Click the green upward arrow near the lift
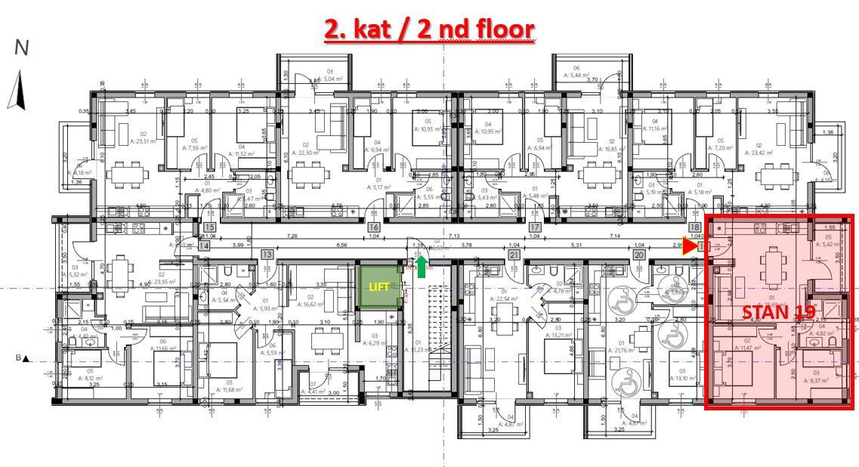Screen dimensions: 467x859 pyautogui.click(x=422, y=262)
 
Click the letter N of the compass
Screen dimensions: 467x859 pyautogui.click(x=21, y=48)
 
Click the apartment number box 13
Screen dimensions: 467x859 pyautogui.click(x=267, y=255)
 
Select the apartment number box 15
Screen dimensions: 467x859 pyautogui.click(x=210, y=227)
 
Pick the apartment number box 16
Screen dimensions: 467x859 pyautogui.click(x=373, y=227)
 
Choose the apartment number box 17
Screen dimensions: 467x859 pyautogui.click(x=535, y=227)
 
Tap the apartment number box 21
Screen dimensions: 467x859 pyautogui.click(x=514, y=255)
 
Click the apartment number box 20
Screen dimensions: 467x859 pyautogui.click(x=638, y=255)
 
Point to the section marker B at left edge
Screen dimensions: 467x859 pyautogui.click(x=23, y=358)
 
